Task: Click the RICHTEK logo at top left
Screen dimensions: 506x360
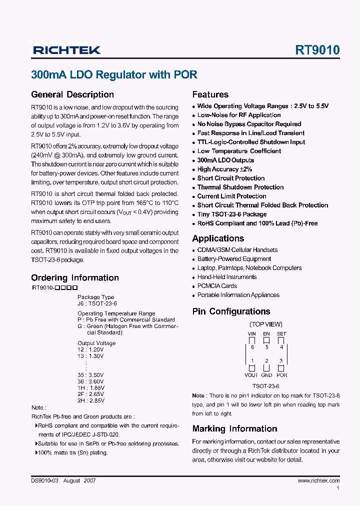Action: pyautogui.click(x=66, y=50)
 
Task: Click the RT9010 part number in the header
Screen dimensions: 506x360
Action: pyautogui.click(x=317, y=50)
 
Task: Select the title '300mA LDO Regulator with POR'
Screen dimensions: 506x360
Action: pyautogui.click(x=114, y=75)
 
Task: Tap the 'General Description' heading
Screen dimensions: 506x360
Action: pyautogui.click(x=72, y=94)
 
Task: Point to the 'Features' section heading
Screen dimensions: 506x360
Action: pyautogui.click(x=210, y=94)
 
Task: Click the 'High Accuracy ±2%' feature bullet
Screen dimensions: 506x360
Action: pyautogui.click(x=224, y=169)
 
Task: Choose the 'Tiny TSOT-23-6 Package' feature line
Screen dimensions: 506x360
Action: pyautogui.click(x=231, y=214)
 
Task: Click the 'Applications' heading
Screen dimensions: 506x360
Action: pyautogui.click(x=218, y=238)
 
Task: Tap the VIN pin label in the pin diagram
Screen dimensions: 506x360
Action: pyautogui.click(x=252, y=333)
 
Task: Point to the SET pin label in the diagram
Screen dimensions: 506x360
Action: pyautogui.click(x=281, y=333)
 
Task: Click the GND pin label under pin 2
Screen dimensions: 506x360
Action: pyautogui.click(x=266, y=375)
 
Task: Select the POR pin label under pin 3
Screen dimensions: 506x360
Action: pyautogui.click(x=282, y=375)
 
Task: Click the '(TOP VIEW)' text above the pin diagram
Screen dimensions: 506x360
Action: pyautogui.click(x=266, y=324)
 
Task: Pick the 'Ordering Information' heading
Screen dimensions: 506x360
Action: pyautogui.click(x=75, y=278)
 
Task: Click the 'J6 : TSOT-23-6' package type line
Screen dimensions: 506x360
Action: pyautogui.click(x=97, y=303)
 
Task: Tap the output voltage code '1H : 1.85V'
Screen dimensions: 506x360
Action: pyautogui.click(x=90, y=388)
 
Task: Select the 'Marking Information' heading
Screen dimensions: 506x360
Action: pyautogui.click(x=234, y=429)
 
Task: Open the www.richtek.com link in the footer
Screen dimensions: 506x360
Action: pyautogui.click(x=318, y=480)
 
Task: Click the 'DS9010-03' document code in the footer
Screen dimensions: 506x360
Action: pyautogui.click(x=45, y=480)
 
